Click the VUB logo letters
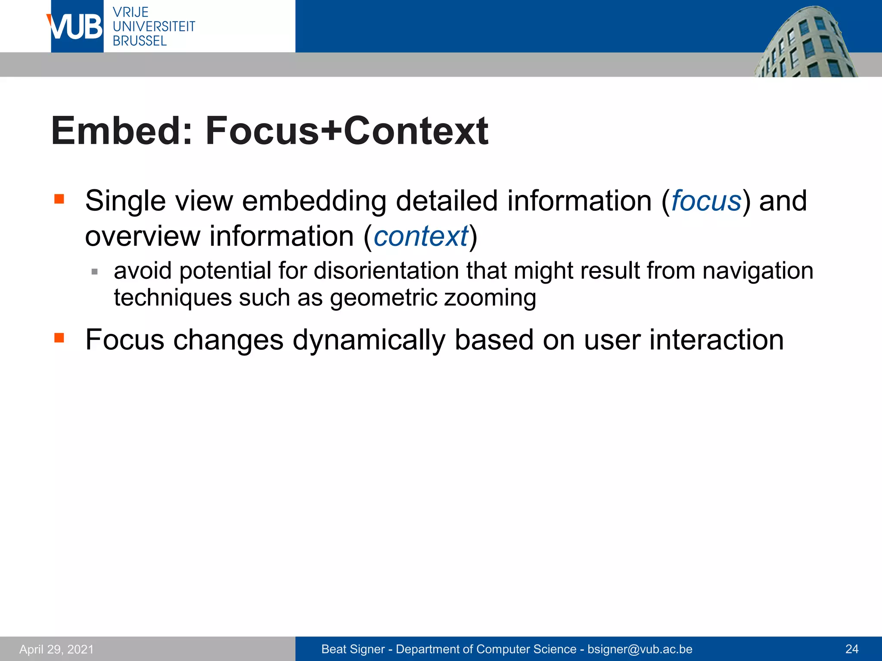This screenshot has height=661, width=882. click(x=76, y=27)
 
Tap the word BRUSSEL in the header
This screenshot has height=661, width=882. click(x=140, y=41)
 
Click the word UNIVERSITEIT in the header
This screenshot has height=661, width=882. click(x=154, y=27)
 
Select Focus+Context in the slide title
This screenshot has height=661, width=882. click(x=347, y=131)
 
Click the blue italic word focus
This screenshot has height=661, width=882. click(x=706, y=201)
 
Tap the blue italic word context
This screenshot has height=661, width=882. click(x=421, y=236)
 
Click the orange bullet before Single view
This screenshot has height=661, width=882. click(x=59, y=199)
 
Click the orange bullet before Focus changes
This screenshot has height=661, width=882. click(x=59, y=338)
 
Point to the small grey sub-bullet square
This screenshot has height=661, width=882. click(x=95, y=272)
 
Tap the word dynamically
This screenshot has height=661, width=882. click(x=369, y=340)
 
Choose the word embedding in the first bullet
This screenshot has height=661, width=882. click(x=314, y=201)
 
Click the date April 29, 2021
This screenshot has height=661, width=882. click(x=56, y=649)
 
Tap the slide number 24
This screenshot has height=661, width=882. click(x=852, y=649)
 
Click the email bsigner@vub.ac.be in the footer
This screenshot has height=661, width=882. click(x=640, y=649)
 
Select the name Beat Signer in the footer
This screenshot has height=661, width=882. click(x=353, y=649)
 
